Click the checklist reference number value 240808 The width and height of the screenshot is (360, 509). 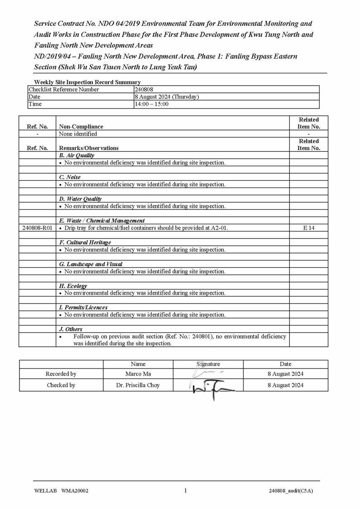[x=144, y=89]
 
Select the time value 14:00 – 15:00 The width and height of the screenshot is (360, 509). [x=152, y=104]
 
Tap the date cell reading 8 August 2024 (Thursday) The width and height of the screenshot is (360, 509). [x=167, y=97]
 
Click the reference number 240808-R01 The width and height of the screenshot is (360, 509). [x=37, y=228]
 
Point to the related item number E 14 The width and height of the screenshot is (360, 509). [x=309, y=228]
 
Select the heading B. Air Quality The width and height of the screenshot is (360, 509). [x=77, y=155]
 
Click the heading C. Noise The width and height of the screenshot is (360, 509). [x=70, y=177]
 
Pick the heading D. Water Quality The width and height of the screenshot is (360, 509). [x=80, y=199]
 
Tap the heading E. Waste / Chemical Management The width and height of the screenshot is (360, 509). [x=102, y=221]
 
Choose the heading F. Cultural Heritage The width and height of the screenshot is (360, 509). [x=85, y=242]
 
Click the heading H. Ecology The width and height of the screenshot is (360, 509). [x=73, y=286]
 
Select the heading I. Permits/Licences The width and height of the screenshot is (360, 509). [x=83, y=307]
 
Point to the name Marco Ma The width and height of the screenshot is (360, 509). [x=138, y=374]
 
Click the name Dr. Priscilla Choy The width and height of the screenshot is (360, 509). [x=138, y=385]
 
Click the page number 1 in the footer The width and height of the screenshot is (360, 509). [x=185, y=490]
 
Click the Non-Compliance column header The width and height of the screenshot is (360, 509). [x=81, y=126]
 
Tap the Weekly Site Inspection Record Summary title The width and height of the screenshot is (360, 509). [x=87, y=82]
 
